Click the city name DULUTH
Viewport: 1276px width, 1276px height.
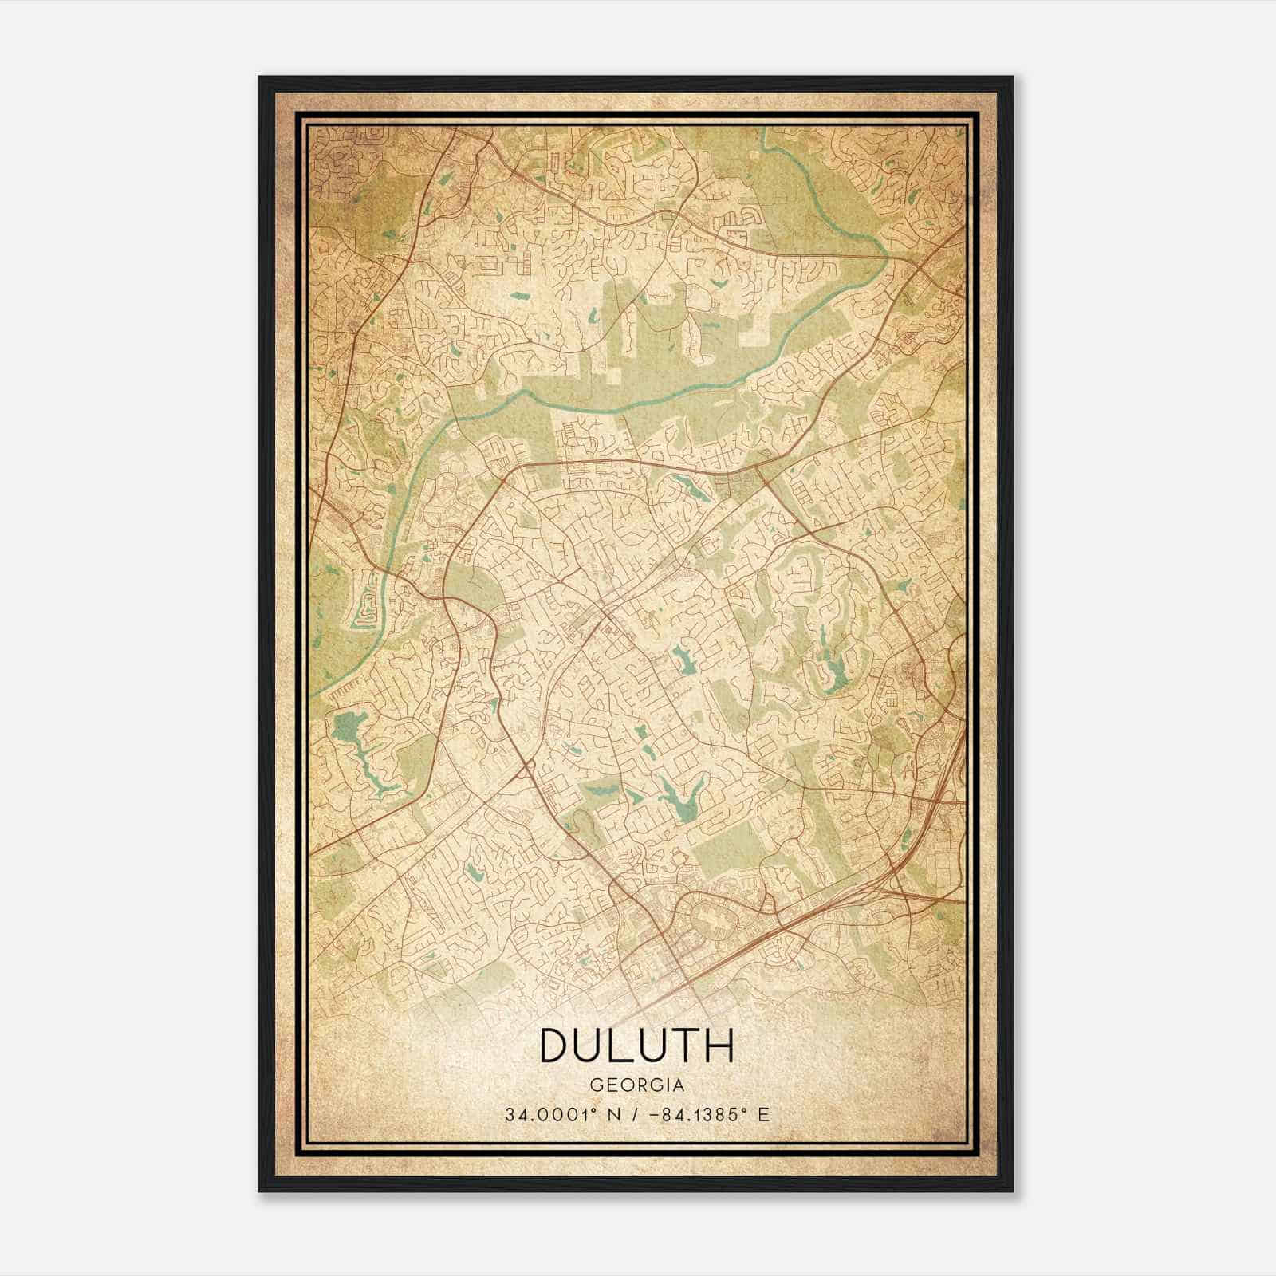636,1046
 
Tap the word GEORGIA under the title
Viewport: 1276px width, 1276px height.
636,1085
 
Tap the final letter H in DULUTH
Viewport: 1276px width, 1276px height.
718,1046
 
